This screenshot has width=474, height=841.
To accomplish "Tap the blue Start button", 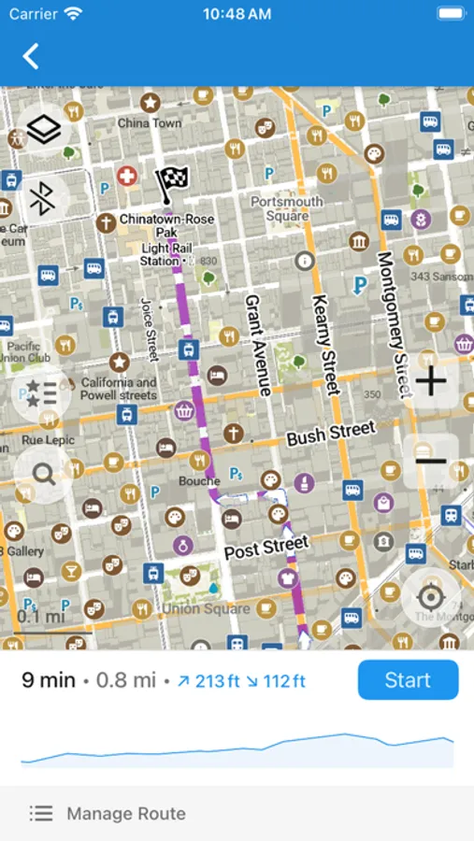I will (x=408, y=679).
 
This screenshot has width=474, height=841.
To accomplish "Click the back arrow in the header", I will (x=31, y=56).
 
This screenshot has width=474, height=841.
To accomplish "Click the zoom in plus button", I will (x=430, y=381).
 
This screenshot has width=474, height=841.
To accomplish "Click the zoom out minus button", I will (x=430, y=460).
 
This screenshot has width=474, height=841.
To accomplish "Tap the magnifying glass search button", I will (x=43, y=473).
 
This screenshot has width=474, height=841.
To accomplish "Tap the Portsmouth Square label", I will (x=287, y=208).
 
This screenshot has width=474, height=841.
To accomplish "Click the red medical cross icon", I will (x=126, y=176).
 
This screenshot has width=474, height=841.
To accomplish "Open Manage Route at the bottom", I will (x=125, y=814).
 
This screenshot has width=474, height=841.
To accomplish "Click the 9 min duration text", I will (x=49, y=679).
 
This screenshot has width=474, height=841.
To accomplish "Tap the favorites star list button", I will (x=42, y=394).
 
